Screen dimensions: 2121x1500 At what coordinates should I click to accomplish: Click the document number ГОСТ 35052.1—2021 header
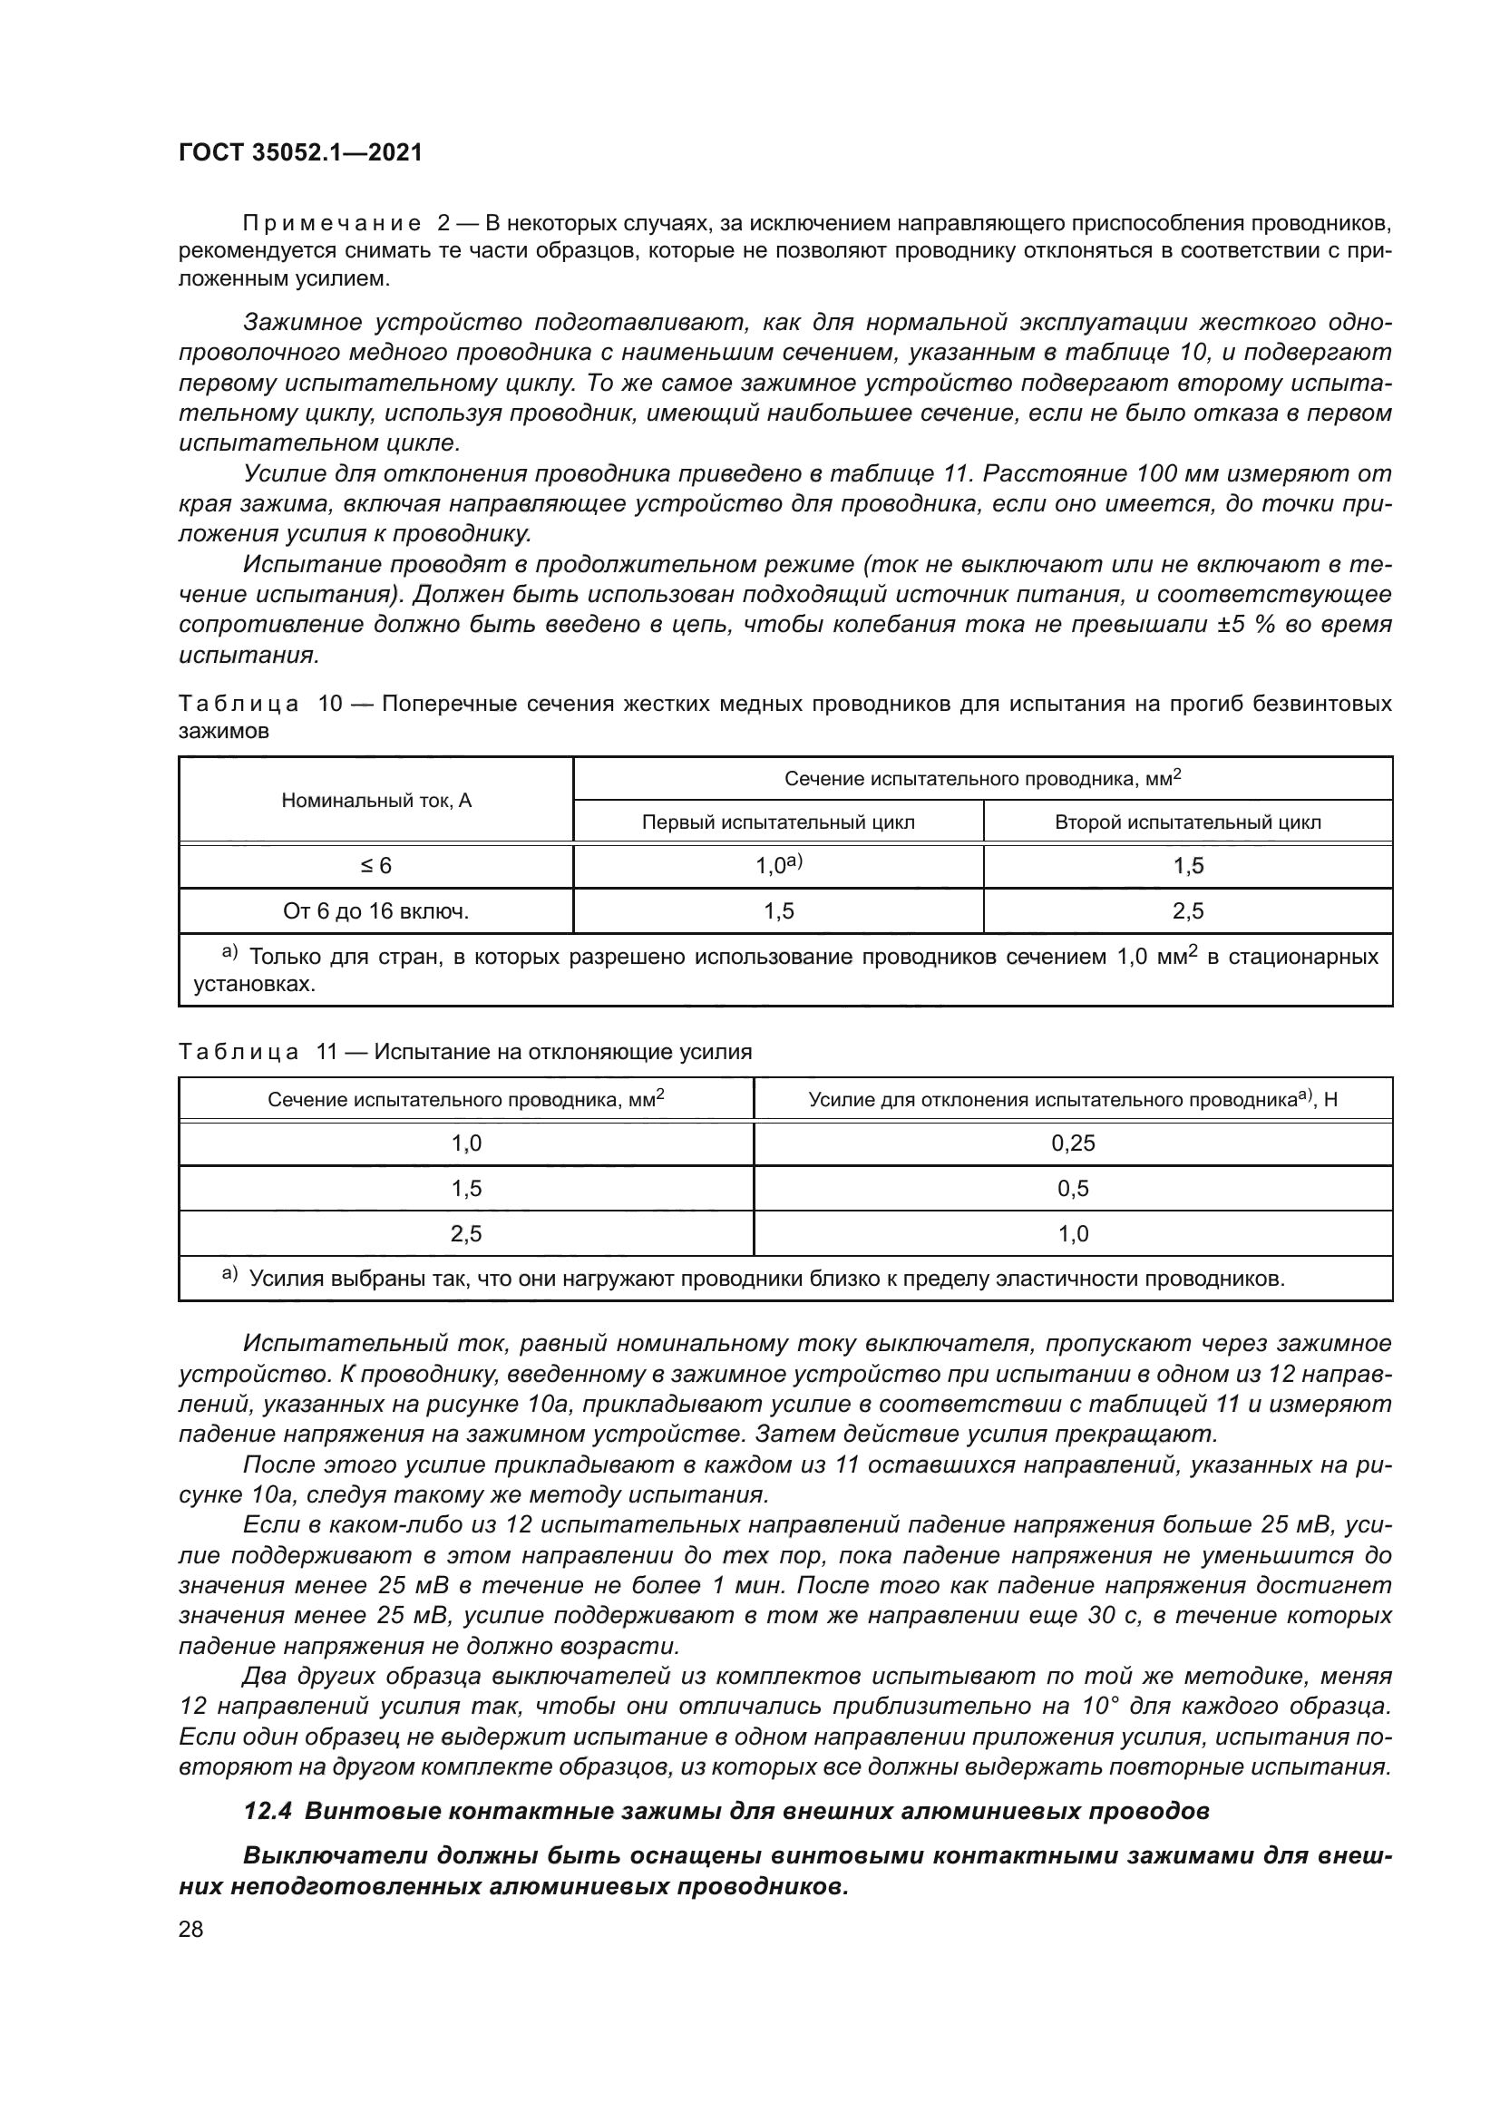(x=300, y=152)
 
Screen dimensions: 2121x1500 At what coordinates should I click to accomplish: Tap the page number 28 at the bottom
(x=191, y=1929)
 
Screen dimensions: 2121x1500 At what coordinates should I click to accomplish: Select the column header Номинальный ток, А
(x=376, y=800)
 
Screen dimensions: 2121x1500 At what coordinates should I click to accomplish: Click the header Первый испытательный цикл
(x=778, y=822)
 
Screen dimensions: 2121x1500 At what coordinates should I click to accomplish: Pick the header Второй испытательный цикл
(x=1187, y=822)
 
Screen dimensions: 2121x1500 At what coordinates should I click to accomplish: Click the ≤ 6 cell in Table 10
(x=376, y=866)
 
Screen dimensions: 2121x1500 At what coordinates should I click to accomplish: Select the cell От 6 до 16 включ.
(x=376, y=910)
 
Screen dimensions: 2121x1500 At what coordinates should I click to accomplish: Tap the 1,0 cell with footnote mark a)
(x=778, y=866)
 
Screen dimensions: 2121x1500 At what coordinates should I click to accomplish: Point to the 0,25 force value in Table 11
(x=1072, y=1143)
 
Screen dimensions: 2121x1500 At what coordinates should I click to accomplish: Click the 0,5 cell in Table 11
(x=1072, y=1189)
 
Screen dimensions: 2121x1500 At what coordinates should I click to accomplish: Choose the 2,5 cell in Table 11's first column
(x=466, y=1234)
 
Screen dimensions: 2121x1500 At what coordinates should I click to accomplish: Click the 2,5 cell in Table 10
(x=1187, y=910)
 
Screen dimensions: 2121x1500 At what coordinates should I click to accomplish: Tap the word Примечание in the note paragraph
(x=331, y=224)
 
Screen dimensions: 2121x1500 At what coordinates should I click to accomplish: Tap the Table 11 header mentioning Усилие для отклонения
(x=1072, y=1099)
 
